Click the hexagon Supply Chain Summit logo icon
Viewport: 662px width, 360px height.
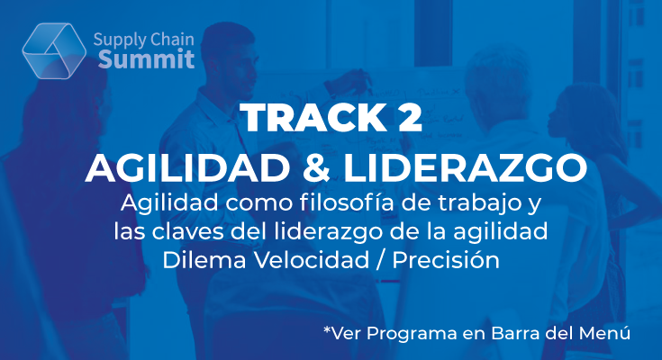click(x=54, y=50)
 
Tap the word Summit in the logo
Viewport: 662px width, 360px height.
click(x=147, y=59)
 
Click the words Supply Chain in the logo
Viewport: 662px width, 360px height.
click(x=143, y=40)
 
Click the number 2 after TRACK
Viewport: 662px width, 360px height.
click(x=410, y=118)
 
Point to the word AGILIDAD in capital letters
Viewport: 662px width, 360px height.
click(x=187, y=168)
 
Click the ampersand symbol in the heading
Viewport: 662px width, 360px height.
click(x=316, y=168)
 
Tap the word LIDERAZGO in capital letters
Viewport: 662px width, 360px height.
click(x=465, y=168)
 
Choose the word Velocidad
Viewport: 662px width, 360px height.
click(x=312, y=260)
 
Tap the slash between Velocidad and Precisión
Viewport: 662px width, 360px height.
click(x=381, y=261)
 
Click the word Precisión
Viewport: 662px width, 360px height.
click(x=446, y=260)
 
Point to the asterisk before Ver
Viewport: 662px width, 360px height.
click(x=327, y=329)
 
